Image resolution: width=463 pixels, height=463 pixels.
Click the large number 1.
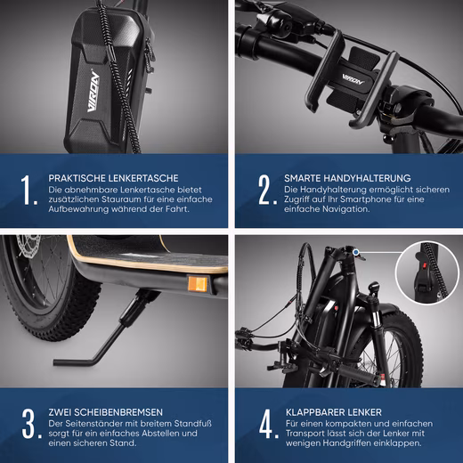click(x=29, y=190)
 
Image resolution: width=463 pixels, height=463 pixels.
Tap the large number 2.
click(x=264, y=190)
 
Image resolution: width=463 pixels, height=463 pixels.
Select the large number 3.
click(x=29, y=425)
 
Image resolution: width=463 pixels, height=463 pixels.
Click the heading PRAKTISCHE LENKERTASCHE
click(x=114, y=177)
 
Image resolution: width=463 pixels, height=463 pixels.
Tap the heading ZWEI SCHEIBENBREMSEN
click(x=108, y=413)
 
